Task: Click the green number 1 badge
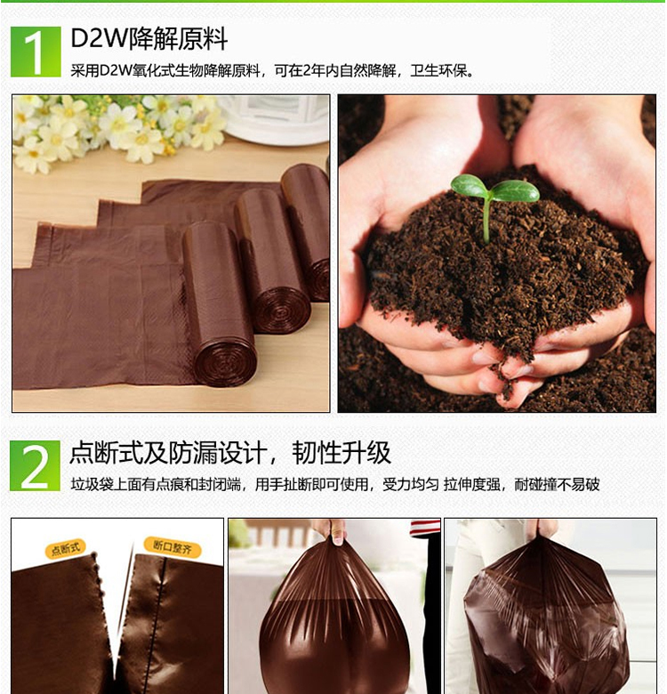click(x=36, y=52)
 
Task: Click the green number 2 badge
click(x=35, y=465)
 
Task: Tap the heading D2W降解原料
click(x=149, y=39)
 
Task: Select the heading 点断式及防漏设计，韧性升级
click(x=230, y=453)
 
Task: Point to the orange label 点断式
click(x=66, y=549)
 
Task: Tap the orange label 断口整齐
click(x=173, y=547)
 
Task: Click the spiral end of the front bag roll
click(x=225, y=364)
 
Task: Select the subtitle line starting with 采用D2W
click(x=272, y=70)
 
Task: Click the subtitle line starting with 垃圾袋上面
click(x=334, y=485)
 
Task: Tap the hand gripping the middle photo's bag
click(x=330, y=530)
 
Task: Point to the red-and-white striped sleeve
click(x=425, y=528)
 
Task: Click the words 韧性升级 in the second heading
click(x=342, y=453)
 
